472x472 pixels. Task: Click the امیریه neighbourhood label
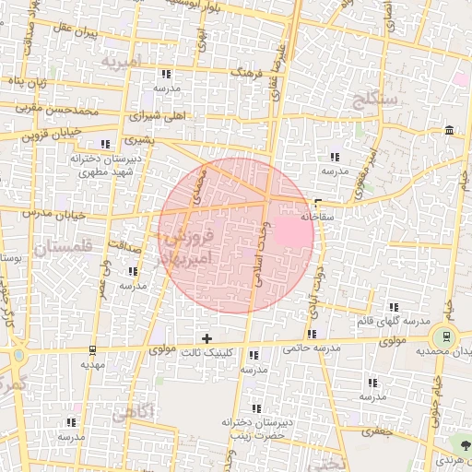pos(121,63)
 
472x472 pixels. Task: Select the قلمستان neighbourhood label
pos(62,248)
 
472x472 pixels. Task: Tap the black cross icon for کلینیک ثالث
pos(206,338)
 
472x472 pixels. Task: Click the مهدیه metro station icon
pos(92,349)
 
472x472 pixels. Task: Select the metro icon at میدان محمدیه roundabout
pos(446,336)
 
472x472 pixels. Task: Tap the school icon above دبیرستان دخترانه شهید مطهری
pos(105,144)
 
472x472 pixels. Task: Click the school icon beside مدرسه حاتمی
pos(313,334)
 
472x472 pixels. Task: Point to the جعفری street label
pos(377,431)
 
